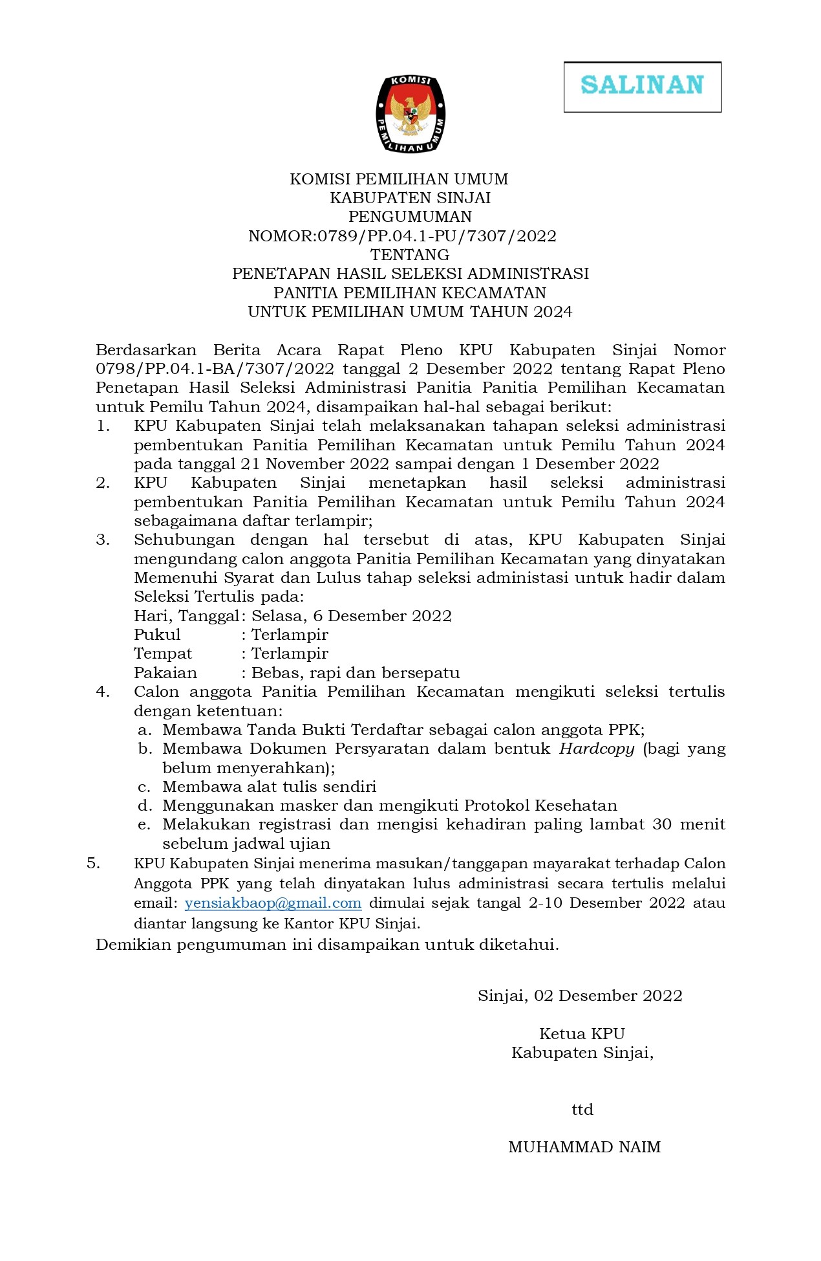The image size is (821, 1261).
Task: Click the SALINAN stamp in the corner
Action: (x=642, y=87)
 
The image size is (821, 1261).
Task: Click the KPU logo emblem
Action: (x=410, y=115)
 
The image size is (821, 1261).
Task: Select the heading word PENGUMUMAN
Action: (x=410, y=217)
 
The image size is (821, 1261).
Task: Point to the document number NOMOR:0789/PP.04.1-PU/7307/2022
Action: (x=402, y=236)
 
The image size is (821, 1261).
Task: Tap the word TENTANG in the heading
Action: (x=410, y=255)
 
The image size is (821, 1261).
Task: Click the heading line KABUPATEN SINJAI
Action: (x=410, y=198)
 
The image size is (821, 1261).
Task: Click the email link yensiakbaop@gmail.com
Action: (x=273, y=903)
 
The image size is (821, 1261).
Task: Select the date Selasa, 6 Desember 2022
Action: (x=352, y=616)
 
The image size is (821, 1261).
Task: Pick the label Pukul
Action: (x=157, y=635)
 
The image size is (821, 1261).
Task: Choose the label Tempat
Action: (x=163, y=653)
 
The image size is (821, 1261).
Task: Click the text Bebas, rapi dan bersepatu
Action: (x=356, y=673)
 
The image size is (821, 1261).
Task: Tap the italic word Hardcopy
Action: (x=597, y=749)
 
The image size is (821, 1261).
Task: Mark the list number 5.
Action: (x=94, y=863)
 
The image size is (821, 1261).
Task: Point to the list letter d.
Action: (x=144, y=806)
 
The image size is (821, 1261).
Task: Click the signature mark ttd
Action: (x=582, y=1110)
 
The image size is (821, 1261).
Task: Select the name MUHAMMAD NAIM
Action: (x=584, y=1148)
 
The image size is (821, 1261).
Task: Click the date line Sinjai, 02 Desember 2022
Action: (x=580, y=996)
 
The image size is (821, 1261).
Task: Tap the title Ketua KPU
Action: (x=582, y=1034)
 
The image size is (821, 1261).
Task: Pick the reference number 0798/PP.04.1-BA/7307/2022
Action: (x=215, y=369)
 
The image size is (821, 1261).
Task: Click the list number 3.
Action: (x=102, y=540)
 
